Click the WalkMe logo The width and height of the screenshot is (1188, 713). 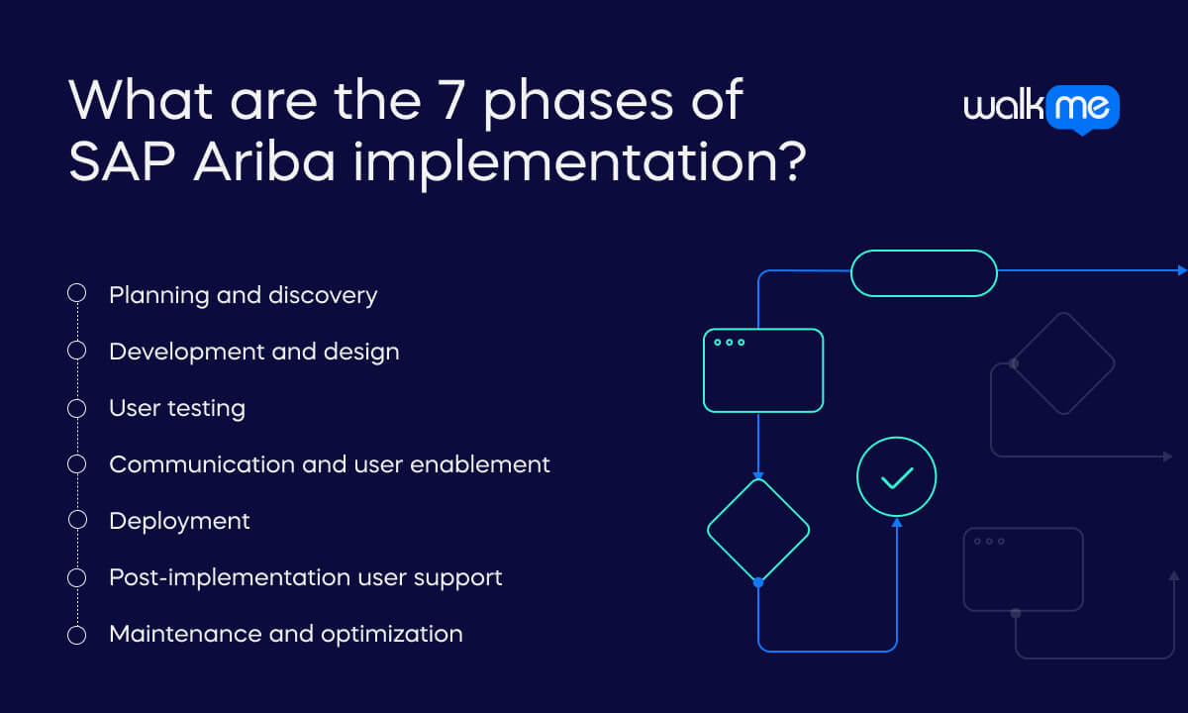(x=1040, y=108)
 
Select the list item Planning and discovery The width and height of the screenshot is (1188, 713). (x=243, y=295)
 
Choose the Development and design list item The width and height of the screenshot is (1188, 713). (x=253, y=352)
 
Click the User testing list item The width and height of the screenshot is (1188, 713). (x=177, y=408)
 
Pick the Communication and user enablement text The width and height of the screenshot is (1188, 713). (x=329, y=464)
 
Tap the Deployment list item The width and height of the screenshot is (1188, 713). (x=179, y=521)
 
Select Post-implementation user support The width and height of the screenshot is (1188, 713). (x=305, y=577)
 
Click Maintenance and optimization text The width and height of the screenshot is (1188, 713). (x=285, y=634)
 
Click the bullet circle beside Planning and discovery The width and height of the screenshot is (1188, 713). (x=76, y=294)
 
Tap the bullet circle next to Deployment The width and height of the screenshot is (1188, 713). (x=76, y=520)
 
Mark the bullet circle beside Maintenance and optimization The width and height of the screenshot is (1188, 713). (x=76, y=634)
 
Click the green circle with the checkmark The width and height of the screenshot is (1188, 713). (x=896, y=478)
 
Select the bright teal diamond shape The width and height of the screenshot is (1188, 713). (x=758, y=530)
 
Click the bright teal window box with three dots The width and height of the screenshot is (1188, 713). (x=762, y=369)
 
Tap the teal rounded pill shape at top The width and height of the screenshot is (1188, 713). (x=924, y=272)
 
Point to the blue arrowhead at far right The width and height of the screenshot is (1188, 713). (x=1181, y=269)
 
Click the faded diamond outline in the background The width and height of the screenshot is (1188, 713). (x=1062, y=363)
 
